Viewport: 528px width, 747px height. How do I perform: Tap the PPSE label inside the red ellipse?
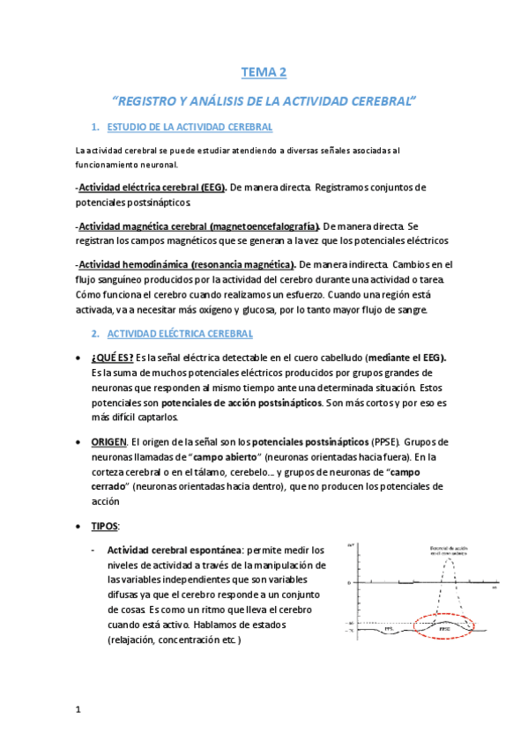[442, 629]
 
